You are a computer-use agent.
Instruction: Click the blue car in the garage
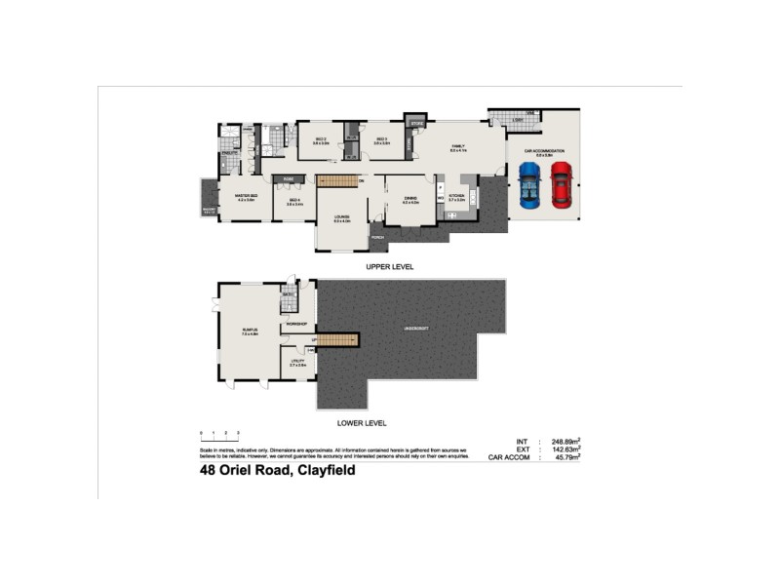tap(528, 185)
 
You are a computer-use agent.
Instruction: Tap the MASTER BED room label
tap(246, 196)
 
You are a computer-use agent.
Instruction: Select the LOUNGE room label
tap(342, 217)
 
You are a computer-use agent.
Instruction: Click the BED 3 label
tap(382, 139)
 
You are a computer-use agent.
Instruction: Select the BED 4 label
tap(293, 201)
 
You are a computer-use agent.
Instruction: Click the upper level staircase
tap(337, 181)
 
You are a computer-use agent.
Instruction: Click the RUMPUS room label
tap(250, 331)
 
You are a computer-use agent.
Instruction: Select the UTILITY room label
tap(298, 361)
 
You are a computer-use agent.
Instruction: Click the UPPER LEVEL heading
tap(390, 265)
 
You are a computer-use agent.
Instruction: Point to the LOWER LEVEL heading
tap(363, 423)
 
